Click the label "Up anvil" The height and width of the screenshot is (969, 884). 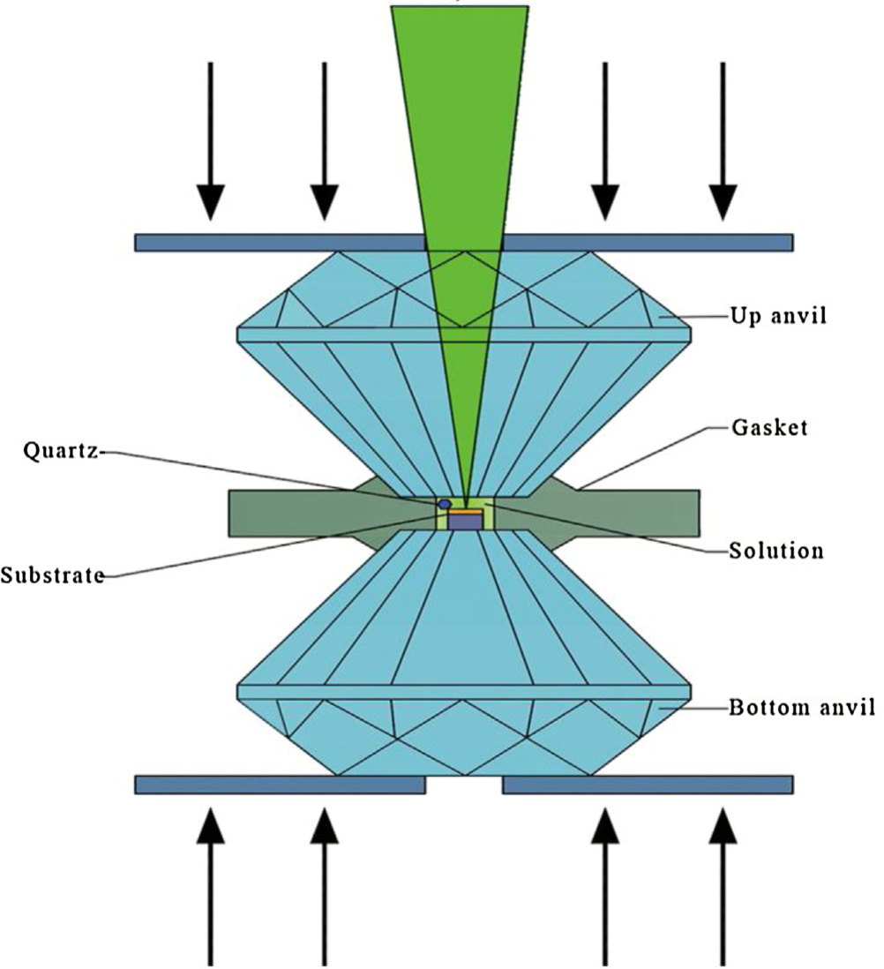click(778, 315)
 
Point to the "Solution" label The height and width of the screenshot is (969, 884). click(776, 551)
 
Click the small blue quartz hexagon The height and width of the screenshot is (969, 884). click(445, 503)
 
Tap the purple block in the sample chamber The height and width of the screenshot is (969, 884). click(465, 522)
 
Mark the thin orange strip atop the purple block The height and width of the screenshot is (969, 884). click(465, 511)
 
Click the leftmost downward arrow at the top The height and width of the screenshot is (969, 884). click(210, 141)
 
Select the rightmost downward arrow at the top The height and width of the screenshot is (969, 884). click(723, 141)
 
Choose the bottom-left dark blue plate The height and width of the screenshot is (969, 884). click(279, 785)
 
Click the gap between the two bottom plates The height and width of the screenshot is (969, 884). click(464, 785)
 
